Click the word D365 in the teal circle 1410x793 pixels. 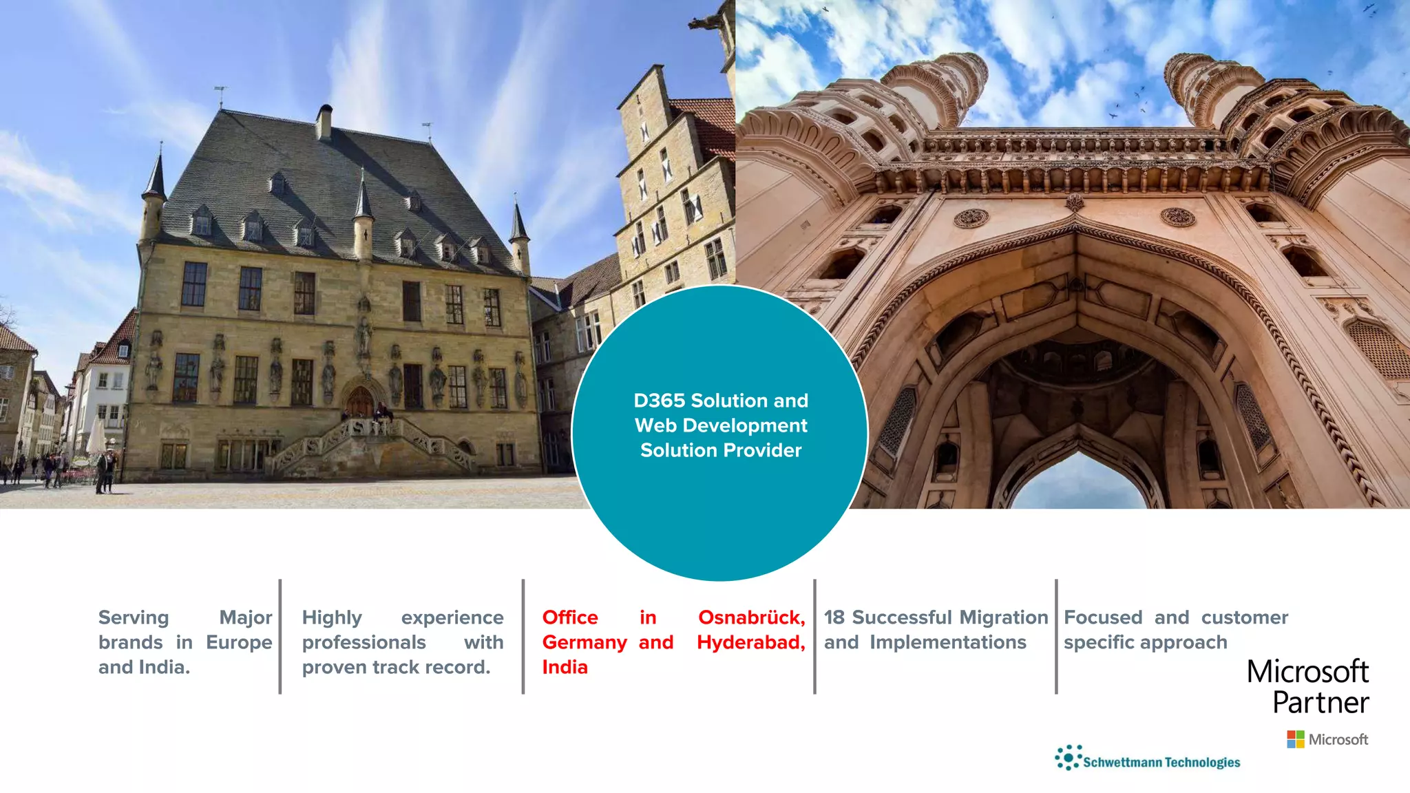pyautogui.click(x=660, y=401)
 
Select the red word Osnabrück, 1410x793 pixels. pyautogui.click(x=751, y=617)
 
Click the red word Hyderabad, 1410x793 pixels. pyautogui.click(x=750, y=642)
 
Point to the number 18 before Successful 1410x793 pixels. pyautogui.click(x=834, y=617)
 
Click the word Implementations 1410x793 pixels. pyautogui.click(x=947, y=642)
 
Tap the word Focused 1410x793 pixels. pyautogui.click(x=1103, y=617)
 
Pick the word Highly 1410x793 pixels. pyautogui.click(x=332, y=618)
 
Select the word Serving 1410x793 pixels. pyautogui.click(x=134, y=617)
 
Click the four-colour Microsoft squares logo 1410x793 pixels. pyautogui.click(x=1296, y=739)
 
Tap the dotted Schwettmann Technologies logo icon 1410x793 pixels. pyautogui.click(x=1068, y=757)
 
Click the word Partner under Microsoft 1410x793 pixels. pyautogui.click(x=1320, y=703)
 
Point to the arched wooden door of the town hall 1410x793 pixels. pyautogui.click(x=359, y=402)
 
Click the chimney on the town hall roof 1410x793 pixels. pyautogui.click(x=324, y=123)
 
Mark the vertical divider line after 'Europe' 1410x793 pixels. pyautogui.click(x=280, y=637)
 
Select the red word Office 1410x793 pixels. pyautogui.click(x=570, y=617)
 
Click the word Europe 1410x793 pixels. pyautogui.click(x=239, y=642)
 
